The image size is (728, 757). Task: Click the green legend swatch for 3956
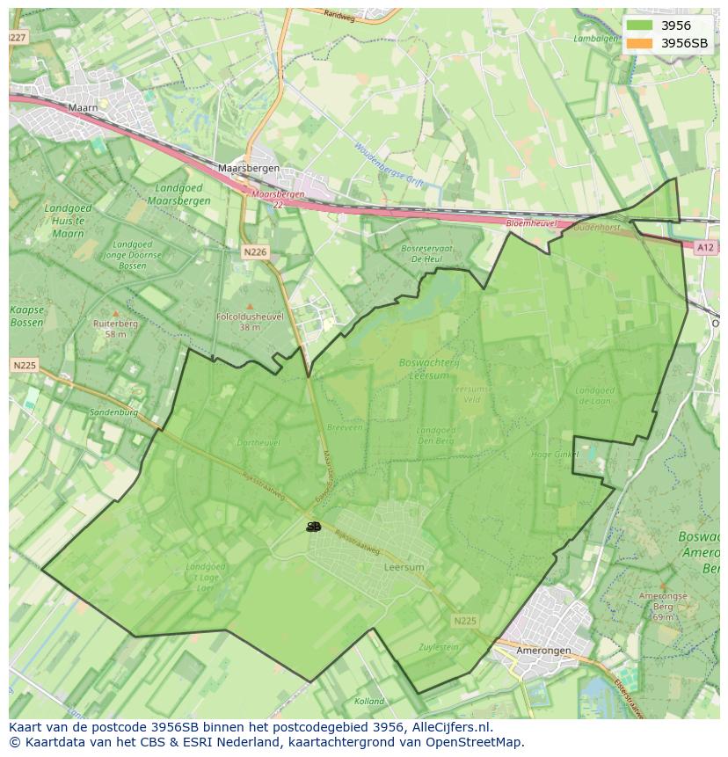pyautogui.click(x=640, y=25)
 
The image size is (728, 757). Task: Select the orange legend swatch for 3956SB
pyautogui.click(x=640, y=43)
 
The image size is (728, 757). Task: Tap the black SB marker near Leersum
pyautogui.click(x=314, y=527)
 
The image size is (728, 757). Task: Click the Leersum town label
pyautogui.click(x=404, y=568)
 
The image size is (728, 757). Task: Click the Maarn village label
pyautogui.click(x=83, y=108)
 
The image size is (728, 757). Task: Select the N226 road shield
pyautogui.click(x=254, y=252)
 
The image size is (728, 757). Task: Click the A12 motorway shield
pyautogui.click(x=705, y=248)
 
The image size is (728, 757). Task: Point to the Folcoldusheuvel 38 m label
pyautogui.click(x=250, y=321)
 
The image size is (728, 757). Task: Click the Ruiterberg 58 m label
pyautogui.click(x=115, y=328)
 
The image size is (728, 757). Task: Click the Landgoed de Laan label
pyautogui.click(x=595, y=396)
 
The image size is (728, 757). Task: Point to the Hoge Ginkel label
pyautogui.click(x=555, y=455)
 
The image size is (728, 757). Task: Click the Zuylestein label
pyautogui.click(x=440, y=647)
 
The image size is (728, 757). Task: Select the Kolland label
pyautogui.click(x=369, y=702)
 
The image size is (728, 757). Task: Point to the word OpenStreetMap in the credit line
pyautogui.click(x=478, y=742)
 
